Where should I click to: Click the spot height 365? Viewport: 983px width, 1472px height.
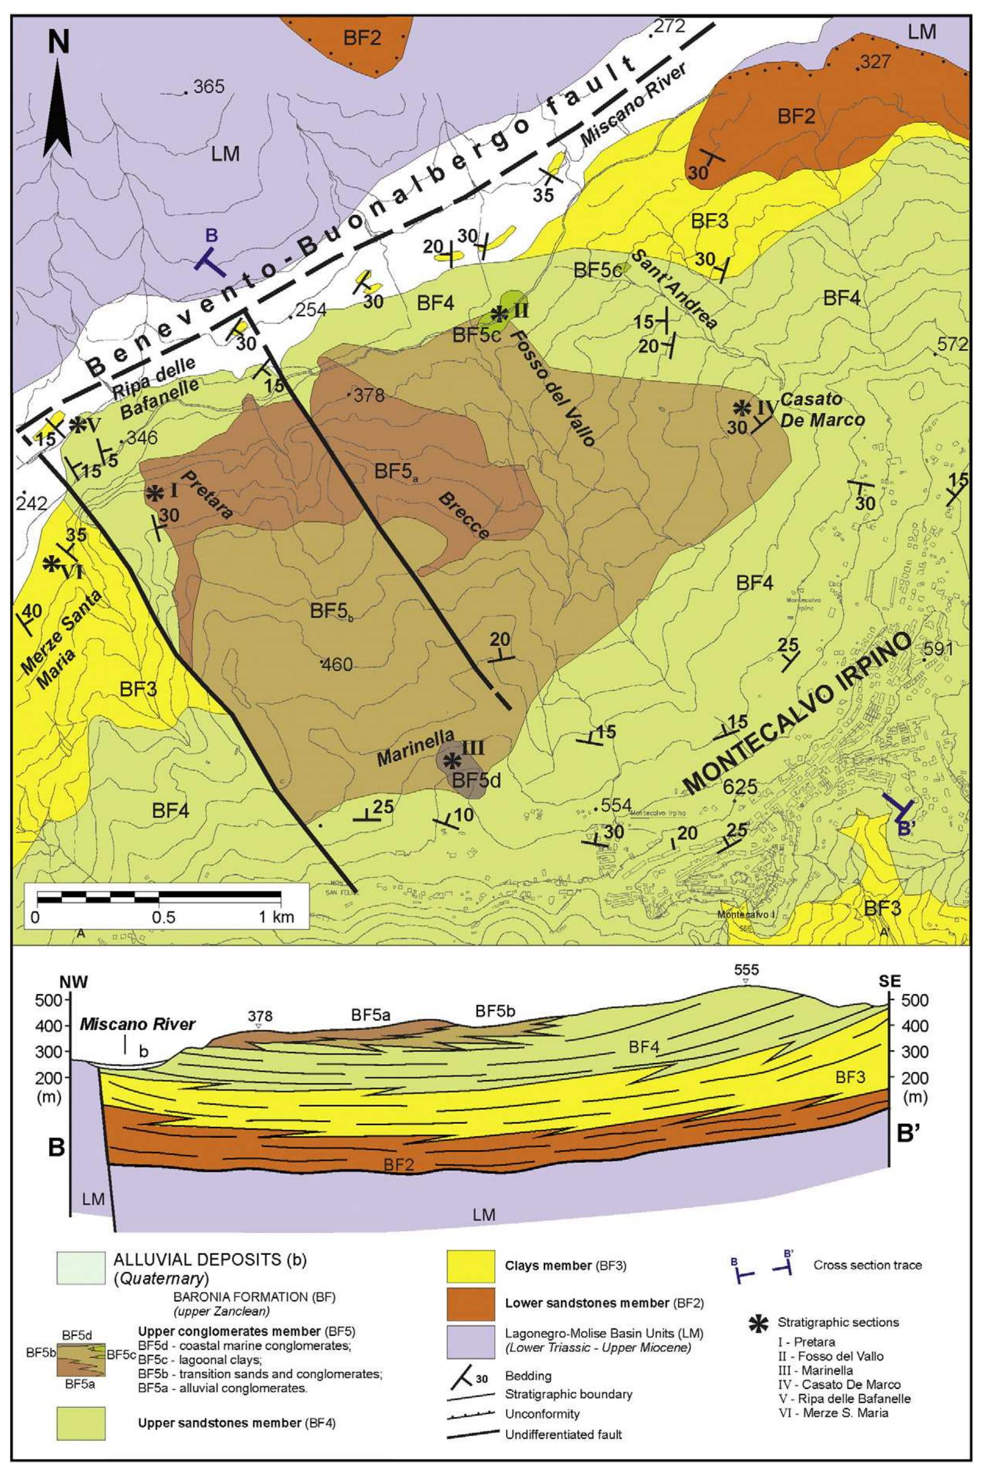coord(207,86)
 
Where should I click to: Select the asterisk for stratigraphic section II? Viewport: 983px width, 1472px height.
coord(499,313)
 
